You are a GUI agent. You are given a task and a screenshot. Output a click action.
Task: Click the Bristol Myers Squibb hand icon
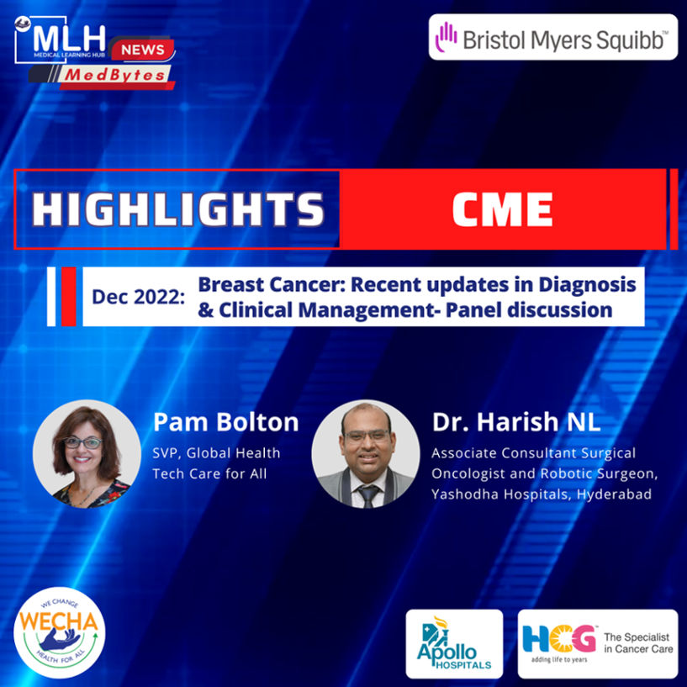coord(446,37)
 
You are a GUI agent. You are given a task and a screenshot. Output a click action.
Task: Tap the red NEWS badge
coord(143,50)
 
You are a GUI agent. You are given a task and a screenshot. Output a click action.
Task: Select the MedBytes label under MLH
coord(115,76)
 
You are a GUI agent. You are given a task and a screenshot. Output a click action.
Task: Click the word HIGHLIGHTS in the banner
coord(177,209)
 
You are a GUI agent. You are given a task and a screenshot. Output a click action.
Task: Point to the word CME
coord(502,209)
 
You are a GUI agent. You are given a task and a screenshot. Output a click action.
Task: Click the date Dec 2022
coord(138,297)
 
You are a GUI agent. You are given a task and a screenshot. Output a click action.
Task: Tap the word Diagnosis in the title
coord(587,285)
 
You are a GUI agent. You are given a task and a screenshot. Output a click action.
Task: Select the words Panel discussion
coord(529,310)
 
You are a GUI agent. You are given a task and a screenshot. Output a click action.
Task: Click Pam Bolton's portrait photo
coord(87,454)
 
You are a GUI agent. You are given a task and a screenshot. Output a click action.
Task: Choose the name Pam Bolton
coord(225,422)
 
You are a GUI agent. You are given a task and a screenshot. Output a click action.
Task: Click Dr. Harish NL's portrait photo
coord(366,454)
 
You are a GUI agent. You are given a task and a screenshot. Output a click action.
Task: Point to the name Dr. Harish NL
coord(516,422)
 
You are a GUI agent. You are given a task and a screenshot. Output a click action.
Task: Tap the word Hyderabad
coord(614,494)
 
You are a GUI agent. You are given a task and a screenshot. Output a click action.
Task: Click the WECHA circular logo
coord(60,632)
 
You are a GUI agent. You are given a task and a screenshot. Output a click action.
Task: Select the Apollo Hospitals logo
coord(454,643)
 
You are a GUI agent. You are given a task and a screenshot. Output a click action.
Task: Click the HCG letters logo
coord(559,639)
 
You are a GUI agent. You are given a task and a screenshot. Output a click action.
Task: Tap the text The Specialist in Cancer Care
coord(638,642)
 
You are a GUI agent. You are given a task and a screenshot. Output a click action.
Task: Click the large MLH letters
coord(69,40)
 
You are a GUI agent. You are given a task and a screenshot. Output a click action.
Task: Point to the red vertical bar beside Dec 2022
coord(68,297)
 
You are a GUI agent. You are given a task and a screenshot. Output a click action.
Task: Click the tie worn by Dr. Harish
coord(367,496)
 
